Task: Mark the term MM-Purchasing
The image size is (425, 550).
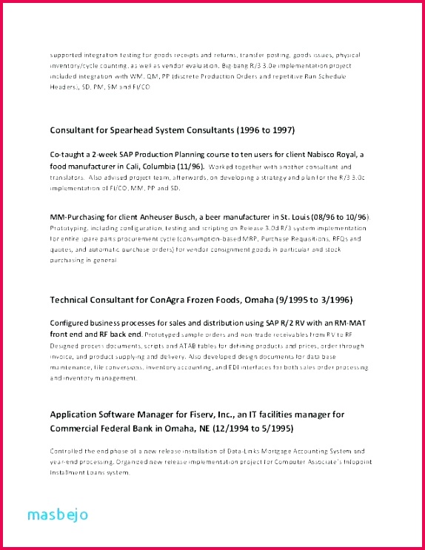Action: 82,215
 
